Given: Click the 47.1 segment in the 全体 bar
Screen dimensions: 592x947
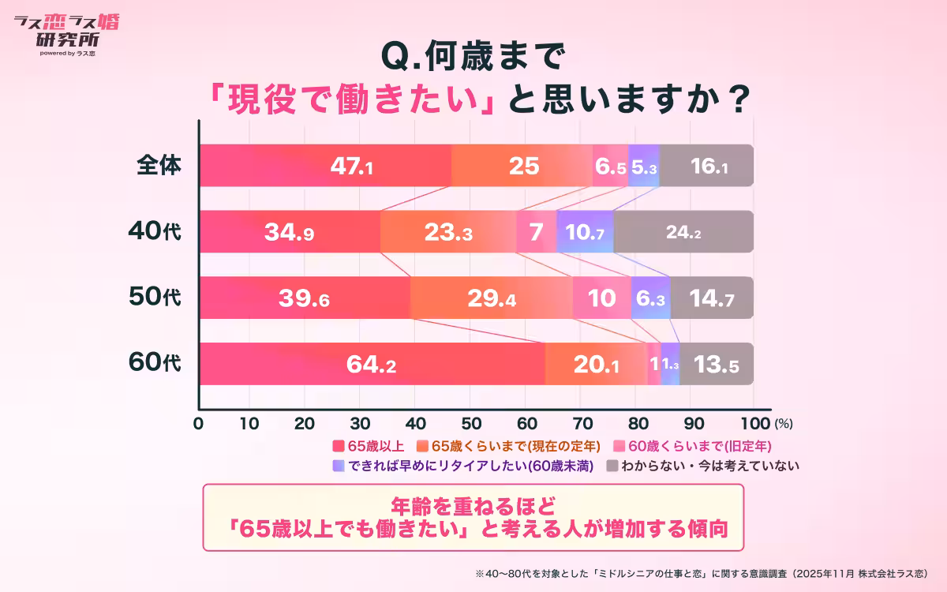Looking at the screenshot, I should (325, 166).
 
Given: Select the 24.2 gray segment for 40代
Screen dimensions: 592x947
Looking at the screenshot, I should (683, 232).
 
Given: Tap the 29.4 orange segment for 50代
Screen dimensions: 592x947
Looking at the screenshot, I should (491, 298).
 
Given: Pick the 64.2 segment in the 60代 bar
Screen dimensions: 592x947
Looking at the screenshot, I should (372, 365).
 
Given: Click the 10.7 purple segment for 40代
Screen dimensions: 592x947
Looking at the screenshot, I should (585, 232).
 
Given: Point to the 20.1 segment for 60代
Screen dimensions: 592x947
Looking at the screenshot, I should (596, 365).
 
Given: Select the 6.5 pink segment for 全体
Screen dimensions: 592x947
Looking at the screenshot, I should (611, 166).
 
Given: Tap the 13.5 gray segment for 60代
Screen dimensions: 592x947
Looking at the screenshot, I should (717, 365).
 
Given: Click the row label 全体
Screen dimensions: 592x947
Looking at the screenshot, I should (159, 165).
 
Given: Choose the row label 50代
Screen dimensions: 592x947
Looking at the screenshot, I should (155, 298).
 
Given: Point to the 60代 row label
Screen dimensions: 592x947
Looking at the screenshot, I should (155, 364).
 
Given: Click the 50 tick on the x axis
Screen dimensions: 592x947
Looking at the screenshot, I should (475, 422).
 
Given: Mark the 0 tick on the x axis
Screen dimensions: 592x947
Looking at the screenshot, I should (200, 422).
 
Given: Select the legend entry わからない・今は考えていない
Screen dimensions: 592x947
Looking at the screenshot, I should (702, 466).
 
